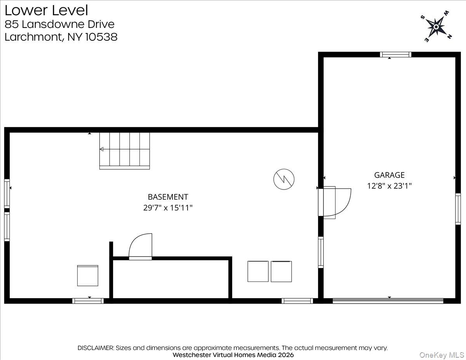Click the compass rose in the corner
[436, 26]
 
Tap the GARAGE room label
[389, 175]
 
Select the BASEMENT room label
[168, 197]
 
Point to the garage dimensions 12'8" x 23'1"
[389, 186]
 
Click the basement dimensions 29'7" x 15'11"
[168, 208]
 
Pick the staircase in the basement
[125, 151]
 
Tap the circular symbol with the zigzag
[284, 179]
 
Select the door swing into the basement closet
[140, 246]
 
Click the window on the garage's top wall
[395, 55]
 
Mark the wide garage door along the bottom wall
[388, 301]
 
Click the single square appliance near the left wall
[88, 275]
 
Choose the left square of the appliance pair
[258, 271]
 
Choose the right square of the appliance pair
[281, 271]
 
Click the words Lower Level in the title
[46, 10]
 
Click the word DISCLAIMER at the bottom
[96, 348]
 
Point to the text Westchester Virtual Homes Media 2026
[233, 355]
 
